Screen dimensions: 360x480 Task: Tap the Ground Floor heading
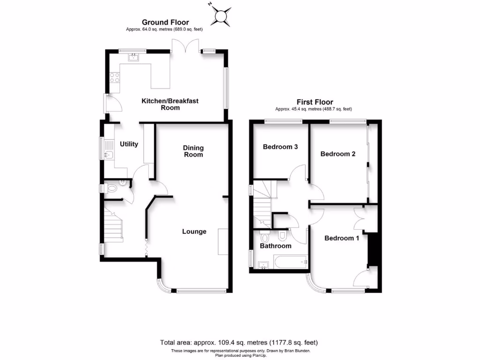[165, 22]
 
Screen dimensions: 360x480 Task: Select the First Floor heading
[315, 102]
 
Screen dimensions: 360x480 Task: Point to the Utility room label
[129, 144]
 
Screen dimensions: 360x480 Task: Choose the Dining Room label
[193, 151]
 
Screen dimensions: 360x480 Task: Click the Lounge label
[194, 231]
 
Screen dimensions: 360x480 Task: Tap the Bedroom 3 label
[280, 147]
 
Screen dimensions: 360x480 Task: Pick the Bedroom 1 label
[342, 238]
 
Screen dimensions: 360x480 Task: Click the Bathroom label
[276, 246]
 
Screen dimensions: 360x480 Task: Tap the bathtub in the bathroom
[290, 262]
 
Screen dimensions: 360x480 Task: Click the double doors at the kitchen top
[182, 46]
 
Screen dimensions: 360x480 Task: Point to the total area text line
[240, 343]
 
